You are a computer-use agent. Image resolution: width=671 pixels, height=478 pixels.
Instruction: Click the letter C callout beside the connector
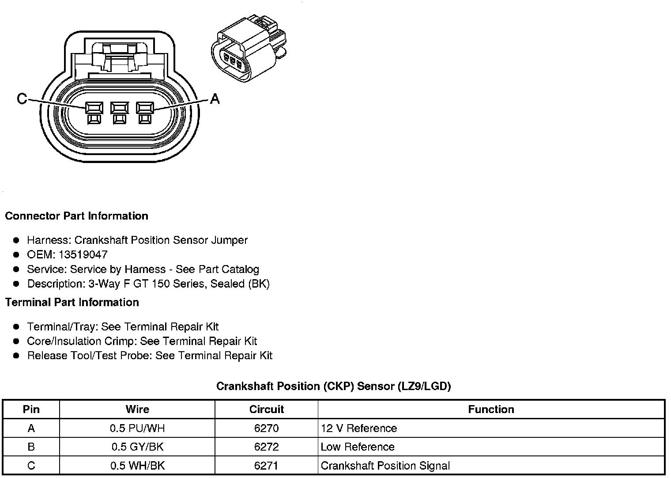22,99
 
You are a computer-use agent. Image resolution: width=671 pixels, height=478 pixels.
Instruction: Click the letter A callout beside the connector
215,99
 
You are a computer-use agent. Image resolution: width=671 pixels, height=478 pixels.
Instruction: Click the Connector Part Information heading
76,216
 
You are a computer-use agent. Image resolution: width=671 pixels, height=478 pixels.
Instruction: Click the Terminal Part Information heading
72,302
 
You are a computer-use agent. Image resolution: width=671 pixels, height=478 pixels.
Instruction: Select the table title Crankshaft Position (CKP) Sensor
333,386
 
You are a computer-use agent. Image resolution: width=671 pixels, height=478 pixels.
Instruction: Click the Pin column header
31,409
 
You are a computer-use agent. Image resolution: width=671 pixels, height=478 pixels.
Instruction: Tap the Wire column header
137,409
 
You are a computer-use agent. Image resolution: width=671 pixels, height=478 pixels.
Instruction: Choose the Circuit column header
266,409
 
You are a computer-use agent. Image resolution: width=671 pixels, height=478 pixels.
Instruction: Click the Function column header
491,409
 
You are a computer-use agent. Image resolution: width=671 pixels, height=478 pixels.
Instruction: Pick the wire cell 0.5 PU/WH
137,428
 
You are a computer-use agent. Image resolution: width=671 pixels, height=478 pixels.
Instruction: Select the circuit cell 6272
266,447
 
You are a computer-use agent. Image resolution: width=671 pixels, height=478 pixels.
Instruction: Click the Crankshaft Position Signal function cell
385,466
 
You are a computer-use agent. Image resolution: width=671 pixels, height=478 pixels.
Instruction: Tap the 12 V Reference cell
358,428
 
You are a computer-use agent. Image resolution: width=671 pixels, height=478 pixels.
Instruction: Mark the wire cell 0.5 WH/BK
137,466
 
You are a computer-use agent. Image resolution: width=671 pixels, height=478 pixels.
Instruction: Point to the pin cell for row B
31,447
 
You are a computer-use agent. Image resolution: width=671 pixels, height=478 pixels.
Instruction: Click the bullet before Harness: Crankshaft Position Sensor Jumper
16,240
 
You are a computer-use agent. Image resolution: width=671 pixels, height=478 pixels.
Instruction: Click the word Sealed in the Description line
228,284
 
